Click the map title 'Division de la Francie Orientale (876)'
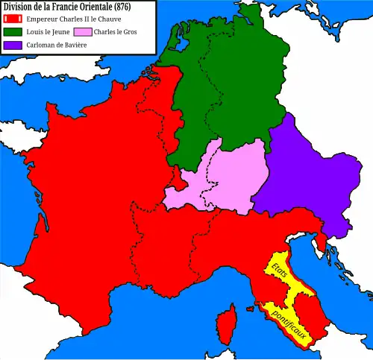pyautogui.click(x=67, y=7)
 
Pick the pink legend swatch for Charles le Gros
pyautogui.click(x=82, y=32)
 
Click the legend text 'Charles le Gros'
pyautogui.click(x=116, y=32)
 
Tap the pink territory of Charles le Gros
pyautogui.click(x=224, y=179)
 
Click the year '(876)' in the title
pyautogui.click(x=119, y=7)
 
